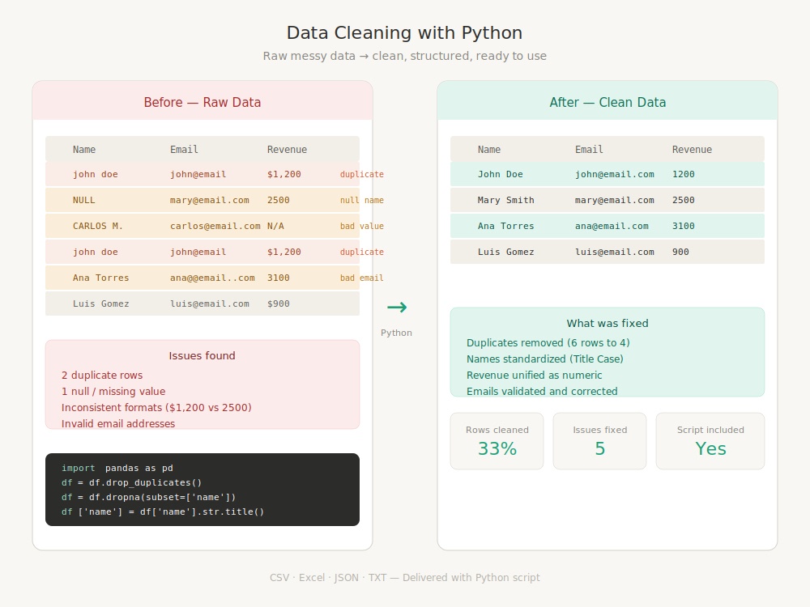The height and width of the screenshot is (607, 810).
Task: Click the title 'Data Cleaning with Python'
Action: click(404, 33)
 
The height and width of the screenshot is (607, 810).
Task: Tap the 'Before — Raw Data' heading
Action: click(202, 102)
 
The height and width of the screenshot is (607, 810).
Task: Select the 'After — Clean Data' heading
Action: click(607, 102)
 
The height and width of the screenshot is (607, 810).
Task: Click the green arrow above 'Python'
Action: click(397, 307)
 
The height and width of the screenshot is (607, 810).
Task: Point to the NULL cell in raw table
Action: click(83, 200)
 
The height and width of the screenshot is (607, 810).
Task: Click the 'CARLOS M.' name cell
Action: click(98, 226)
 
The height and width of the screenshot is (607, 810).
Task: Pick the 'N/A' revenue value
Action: click(275, 226)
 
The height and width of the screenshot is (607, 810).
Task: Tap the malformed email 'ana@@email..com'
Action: click(212, 278)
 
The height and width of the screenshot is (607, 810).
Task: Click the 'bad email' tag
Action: click(361, 278)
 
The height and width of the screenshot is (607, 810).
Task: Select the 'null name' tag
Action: click(361, 200)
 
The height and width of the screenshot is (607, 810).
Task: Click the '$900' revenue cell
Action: click(279, 303)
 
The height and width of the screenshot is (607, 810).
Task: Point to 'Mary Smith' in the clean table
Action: click(505, 200)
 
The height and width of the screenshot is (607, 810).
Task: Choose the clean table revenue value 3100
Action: click(684, 226)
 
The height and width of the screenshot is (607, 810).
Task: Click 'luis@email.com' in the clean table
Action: click(615, 252)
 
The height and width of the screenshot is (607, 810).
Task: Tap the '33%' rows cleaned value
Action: click(497, 448)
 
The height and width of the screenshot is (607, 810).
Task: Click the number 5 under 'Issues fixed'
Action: click(599, 448)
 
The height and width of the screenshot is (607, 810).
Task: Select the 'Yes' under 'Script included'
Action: click(710, 448)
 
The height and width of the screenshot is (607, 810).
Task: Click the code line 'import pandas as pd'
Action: click(117, 468)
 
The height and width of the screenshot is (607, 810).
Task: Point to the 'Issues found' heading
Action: click(202, 355)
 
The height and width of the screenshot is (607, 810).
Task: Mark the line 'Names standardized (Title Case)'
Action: click(544, 359)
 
